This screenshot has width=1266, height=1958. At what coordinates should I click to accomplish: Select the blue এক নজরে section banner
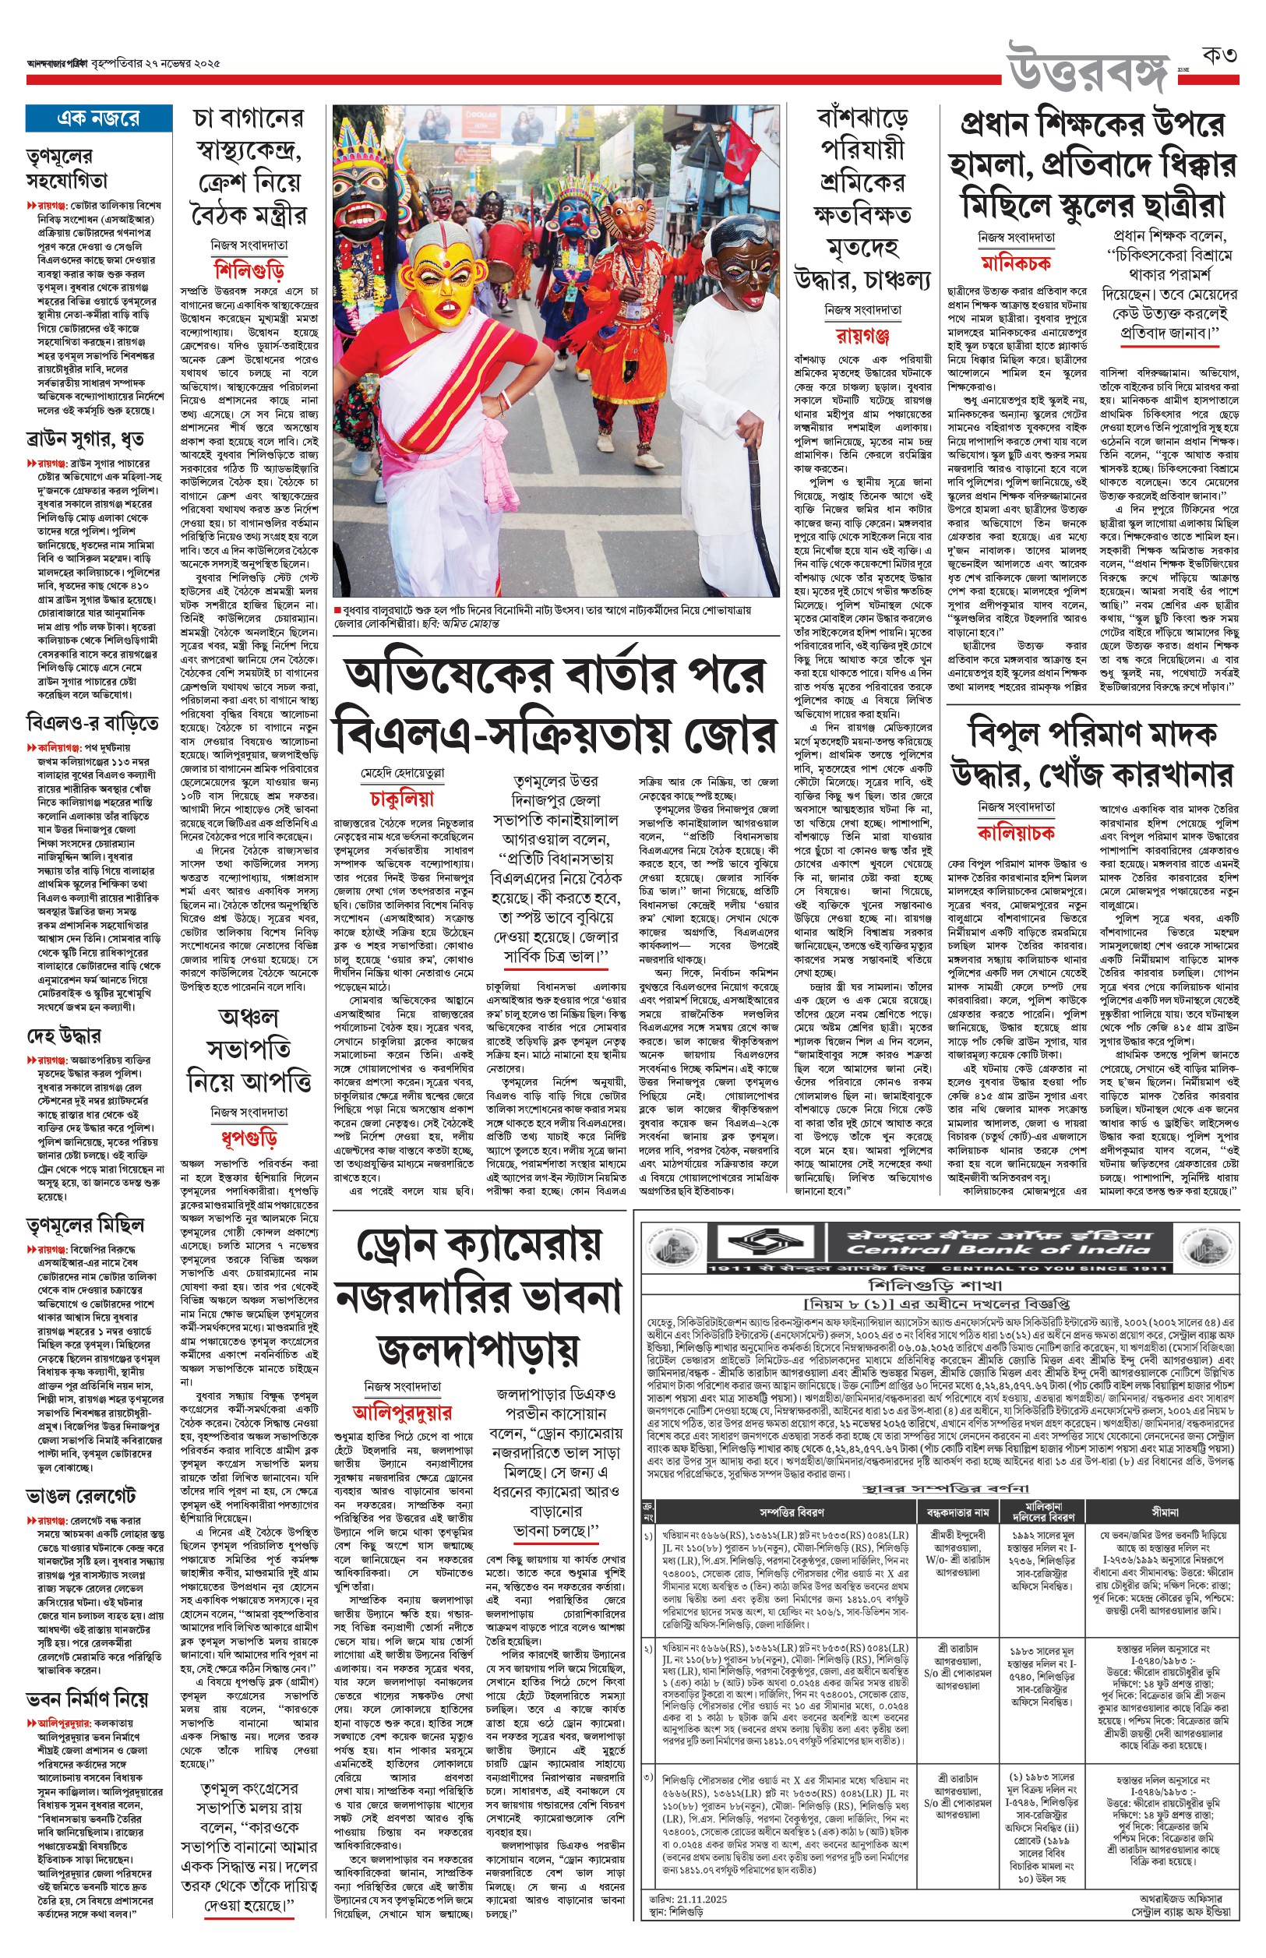(98, 119)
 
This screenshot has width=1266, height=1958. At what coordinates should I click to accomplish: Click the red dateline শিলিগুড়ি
(249, 270)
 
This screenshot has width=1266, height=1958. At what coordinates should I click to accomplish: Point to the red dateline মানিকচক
(1016, 263)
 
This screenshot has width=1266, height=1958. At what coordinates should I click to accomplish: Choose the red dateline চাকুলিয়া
(402, 798)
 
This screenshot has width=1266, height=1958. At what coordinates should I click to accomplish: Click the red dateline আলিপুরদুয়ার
(403, 1412)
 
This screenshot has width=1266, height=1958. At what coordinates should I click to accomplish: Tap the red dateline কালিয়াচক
(1016, 833)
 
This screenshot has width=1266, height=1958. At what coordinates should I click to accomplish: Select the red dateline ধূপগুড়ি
(249, 1138)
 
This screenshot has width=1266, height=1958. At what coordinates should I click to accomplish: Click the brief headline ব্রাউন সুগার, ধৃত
(86, 439)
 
